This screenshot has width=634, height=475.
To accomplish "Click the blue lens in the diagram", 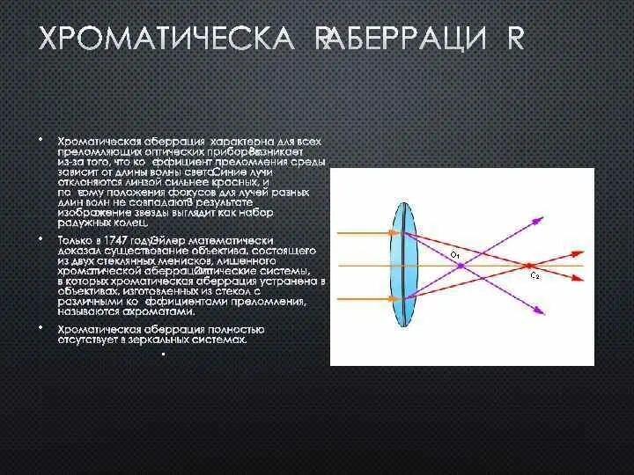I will coord(402,264).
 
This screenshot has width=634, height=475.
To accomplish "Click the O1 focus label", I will coord(455,255).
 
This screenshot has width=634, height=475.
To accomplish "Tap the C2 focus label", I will coord(534,276).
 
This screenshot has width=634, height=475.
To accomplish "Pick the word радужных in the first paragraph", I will coord(84,223).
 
